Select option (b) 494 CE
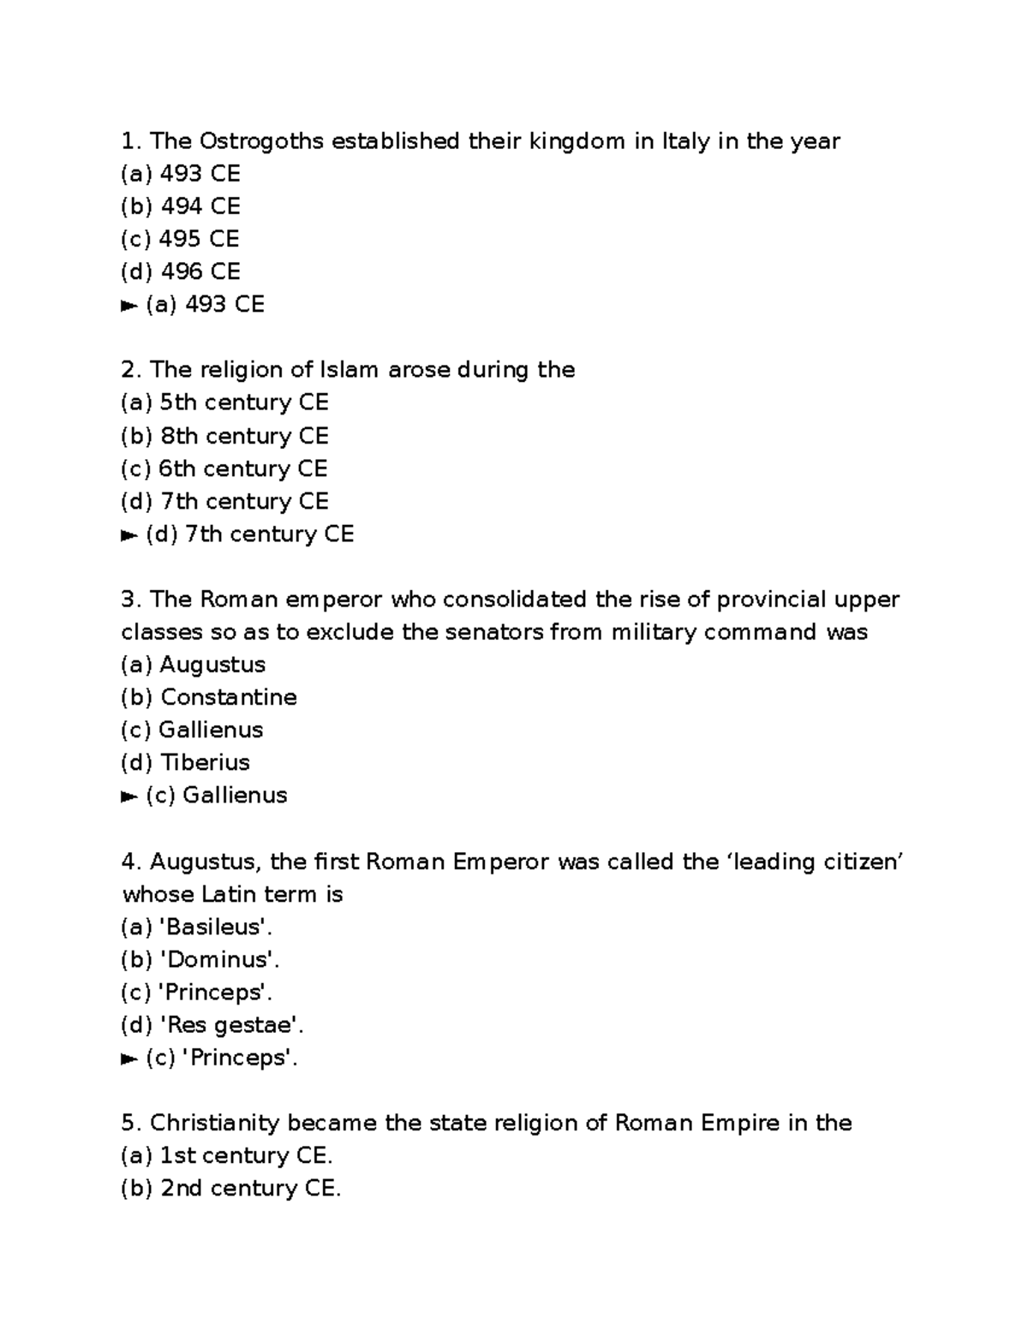tap(181, 206)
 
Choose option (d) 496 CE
tap(181, 271)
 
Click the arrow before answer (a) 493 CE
tap(129, 305)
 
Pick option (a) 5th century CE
tap(224, 403)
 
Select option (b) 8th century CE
tap(224, 436)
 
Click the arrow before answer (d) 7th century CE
tap(129, 534)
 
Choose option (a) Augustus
tap(194, 665)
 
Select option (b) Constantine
tap(209, 697)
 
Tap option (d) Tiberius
tap(186, 762)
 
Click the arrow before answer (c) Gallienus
tap(129, 796)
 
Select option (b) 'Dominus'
tap(201, 959)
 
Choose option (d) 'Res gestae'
tap(212, 1025)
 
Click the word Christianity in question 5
tap(215, 1123)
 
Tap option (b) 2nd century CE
tap(231, 1189)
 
